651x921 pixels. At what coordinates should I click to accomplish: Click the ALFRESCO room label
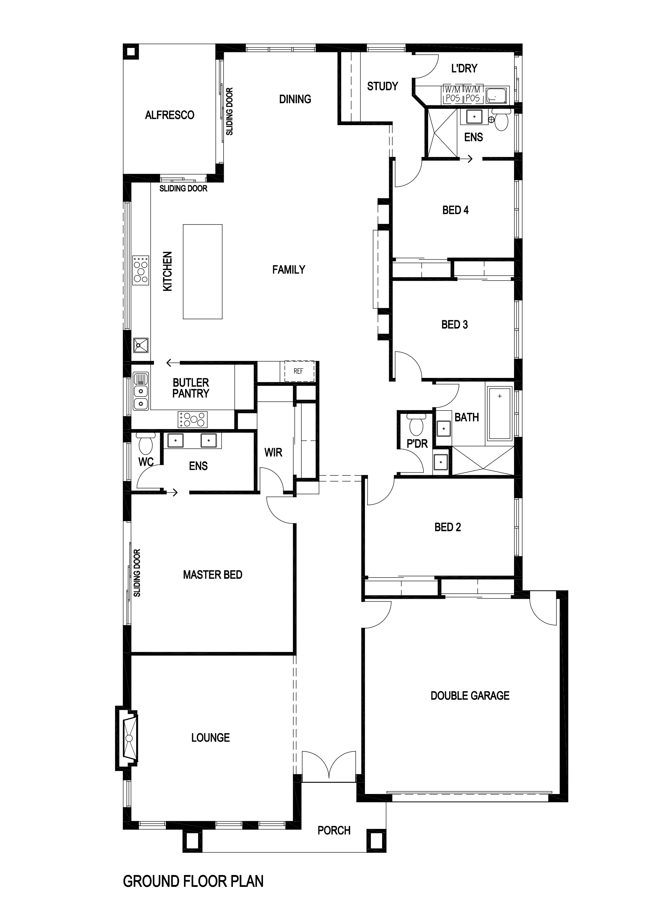tap(170, 115)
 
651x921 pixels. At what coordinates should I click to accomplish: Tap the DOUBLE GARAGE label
tap(470, 695)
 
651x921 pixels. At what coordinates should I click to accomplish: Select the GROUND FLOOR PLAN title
tap(193, 881)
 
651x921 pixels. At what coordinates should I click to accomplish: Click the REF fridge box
tap(298, 371)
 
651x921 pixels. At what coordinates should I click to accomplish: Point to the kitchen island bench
tap(203, 272)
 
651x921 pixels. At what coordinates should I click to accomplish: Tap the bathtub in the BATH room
tap(500, 413)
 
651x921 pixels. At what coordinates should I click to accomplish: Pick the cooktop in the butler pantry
tap(193, 419)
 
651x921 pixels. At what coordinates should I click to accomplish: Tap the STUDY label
tap(382, 86)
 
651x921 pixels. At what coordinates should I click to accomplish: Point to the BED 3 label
tap(454, 324)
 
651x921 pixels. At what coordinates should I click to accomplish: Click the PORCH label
tap(334, 830)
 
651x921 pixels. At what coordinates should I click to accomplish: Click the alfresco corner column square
tap(131, 51)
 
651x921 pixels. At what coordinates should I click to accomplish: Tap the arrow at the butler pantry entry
tap(173, 363)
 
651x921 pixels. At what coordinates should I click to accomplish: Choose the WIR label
tap(273, 453)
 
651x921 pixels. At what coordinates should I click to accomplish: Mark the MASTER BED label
tap(213, 575)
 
